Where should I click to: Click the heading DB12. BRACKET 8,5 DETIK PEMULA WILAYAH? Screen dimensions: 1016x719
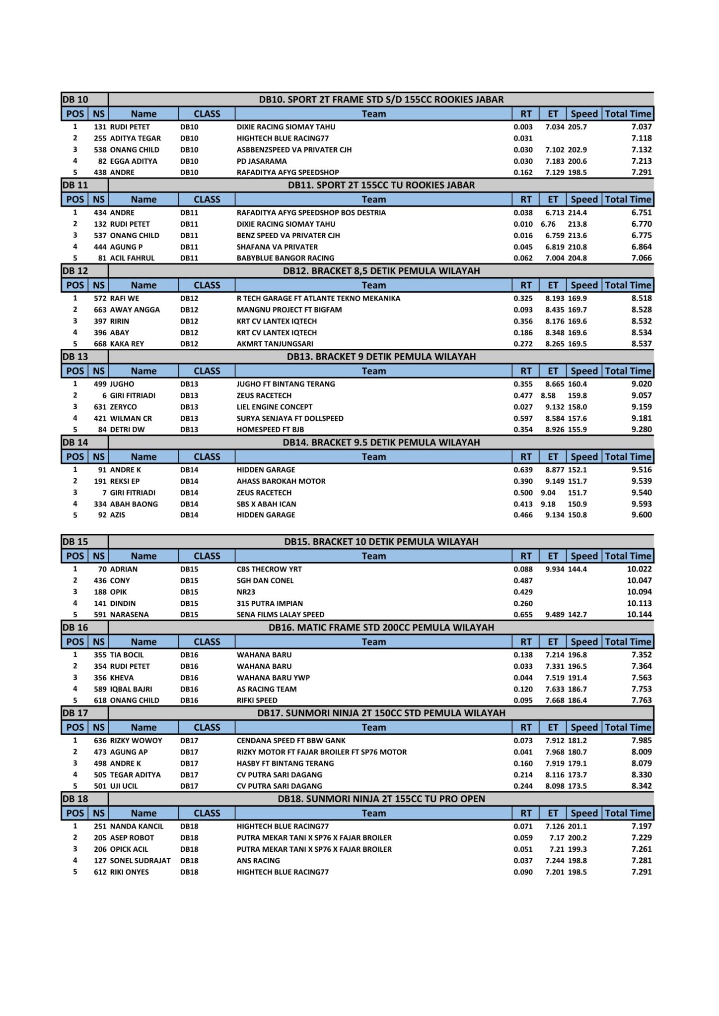coord(381,271)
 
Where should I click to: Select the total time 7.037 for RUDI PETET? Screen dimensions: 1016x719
coord(642,127)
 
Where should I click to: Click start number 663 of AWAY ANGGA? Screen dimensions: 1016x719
coord(100,310)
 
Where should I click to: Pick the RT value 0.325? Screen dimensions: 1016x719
coord(523,298)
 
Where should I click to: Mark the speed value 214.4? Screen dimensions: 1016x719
coord(577,212)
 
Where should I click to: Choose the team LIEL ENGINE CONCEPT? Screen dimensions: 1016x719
coord(274,407)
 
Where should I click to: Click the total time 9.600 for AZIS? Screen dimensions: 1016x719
coord(642,515)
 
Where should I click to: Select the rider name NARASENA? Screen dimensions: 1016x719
coord(129,615)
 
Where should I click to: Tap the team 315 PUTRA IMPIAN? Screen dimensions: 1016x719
coord(270,603)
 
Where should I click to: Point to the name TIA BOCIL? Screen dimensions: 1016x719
coord(127,655)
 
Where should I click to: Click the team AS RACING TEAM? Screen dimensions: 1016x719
coord(267,689)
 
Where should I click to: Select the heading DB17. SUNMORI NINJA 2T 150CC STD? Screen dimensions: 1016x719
coord(381,713)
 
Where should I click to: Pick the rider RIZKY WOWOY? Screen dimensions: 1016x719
coord(136,741)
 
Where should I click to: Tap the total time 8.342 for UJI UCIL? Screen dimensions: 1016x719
coord(642,786)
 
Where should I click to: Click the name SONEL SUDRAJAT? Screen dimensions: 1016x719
coord(140,861)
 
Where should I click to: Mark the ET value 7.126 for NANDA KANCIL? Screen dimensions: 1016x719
coord(555,826)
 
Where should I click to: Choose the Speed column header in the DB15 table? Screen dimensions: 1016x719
coord(584,556)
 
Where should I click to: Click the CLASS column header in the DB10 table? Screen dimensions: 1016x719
coord(207,114)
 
